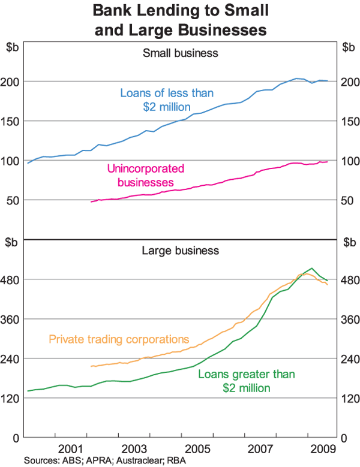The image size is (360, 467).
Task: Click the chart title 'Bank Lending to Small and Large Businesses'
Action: click(x=180, y=19)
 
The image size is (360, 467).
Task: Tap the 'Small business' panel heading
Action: click(x=180, y=53)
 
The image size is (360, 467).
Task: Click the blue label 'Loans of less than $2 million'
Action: click(x=167, y=100)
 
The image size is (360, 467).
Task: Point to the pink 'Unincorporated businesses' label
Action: click(x=145, y=175)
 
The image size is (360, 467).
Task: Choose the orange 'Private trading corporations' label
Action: click(x=119, y=339)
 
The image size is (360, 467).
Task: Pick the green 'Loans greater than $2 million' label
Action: click(x=246, y=381)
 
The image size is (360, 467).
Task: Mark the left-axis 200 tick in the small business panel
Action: click(x=13, y=82)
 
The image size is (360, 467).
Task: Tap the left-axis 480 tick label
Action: click(x=13, y=279)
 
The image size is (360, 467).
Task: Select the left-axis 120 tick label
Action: click(x=13, y=398)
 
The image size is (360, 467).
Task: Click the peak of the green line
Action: click(x=311, y=269)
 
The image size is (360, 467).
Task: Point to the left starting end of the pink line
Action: click(x=91, y=201)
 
